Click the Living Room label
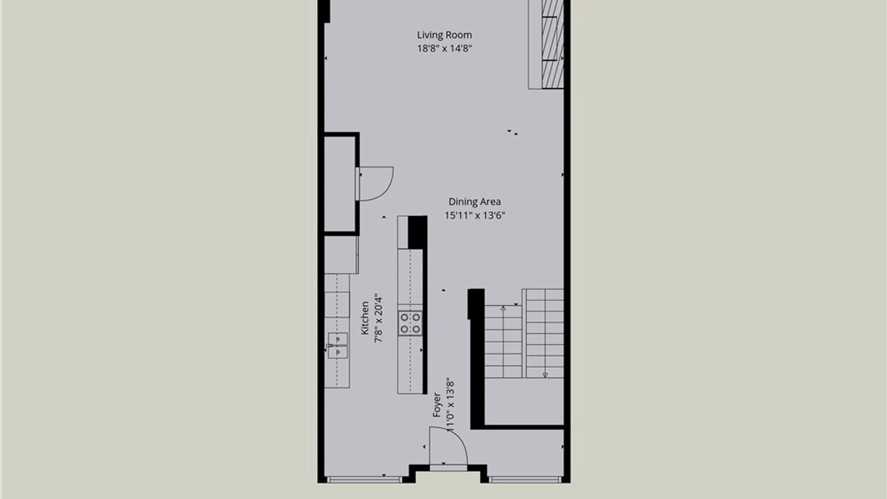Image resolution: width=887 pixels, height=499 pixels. pyautogui.click(x=444, y=35)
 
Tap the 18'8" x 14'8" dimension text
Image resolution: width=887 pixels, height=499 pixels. pyautogui.click(x=444, y=49)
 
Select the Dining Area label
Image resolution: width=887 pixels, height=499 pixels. pyautogui.click(x=474, y=202)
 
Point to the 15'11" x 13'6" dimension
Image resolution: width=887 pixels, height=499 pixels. pyautogui.click(x=474, y=215)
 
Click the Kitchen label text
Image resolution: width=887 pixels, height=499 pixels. pyautogui.click(x=365, y=318)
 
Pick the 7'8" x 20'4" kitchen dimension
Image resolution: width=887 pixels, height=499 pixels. pyautogui.click(x=378, y=318)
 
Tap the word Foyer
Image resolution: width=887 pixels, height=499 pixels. pyautogui.click(x=437, y=405)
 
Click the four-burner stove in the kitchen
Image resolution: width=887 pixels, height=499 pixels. pyautogui.click(x=410, y=323)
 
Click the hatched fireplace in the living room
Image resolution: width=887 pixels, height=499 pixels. pyautogui.click(x=553, y=44)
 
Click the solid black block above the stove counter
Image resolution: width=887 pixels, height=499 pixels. pyautogui.click(x=417, y=232)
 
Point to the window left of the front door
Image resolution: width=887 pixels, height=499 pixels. pyautogui.click(x=364, y=480)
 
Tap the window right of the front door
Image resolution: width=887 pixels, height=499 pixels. pyautogui.click(x=525, y=480)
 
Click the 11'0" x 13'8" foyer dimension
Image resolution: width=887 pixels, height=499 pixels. pyautogui.click(x=450, y=405)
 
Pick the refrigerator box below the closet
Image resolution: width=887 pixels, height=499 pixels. pyautogui.click(x=341, y=255)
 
